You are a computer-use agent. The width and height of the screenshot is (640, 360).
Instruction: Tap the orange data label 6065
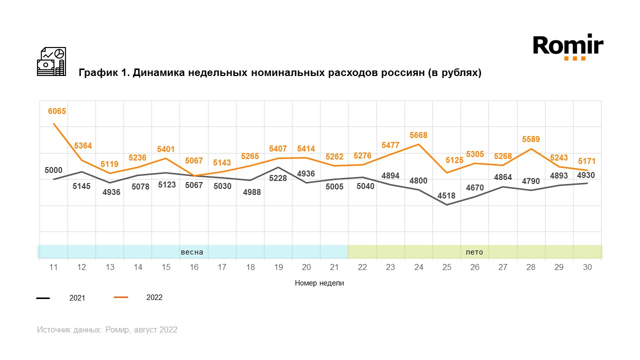click(57, 111)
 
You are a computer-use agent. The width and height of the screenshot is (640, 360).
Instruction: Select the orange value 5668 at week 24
click(418, 135)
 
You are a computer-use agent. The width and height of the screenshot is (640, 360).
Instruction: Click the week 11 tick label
click(53, 267)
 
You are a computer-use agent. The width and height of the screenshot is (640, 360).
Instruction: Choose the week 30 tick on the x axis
click(587, 267)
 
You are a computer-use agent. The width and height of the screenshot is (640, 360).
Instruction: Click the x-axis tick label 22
click(362, 267)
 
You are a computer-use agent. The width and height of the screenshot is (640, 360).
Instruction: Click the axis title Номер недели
click(319, 283)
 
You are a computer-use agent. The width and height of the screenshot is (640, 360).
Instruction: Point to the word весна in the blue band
click(192, 251)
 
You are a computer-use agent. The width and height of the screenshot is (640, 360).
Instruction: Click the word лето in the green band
click(474, 251)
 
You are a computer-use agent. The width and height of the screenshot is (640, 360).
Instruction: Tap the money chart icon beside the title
click(51, 61)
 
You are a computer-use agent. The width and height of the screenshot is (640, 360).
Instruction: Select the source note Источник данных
click(69, 330)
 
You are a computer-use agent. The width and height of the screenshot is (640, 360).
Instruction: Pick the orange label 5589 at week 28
click(531, 139)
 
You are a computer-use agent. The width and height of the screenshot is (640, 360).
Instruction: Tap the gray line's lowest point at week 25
click(447, 204)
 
